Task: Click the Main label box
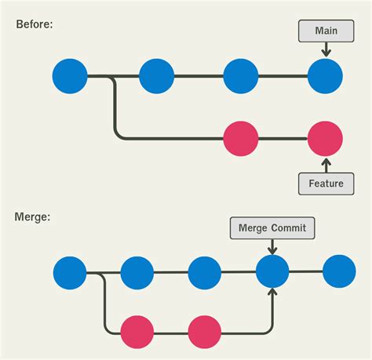pos(326,32)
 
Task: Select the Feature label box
pos(326,184)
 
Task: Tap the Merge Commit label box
pos(272,228)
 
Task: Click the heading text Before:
pos(35,24)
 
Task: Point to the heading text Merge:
pos(32,216)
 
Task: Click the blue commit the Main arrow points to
pos(325,77)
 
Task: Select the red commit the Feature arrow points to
pos(325,139)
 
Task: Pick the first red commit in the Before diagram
pos(241,139)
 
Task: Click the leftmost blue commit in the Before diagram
pos(70,77)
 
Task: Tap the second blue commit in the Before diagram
pos(156,77)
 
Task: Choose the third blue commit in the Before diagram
pos(241,77)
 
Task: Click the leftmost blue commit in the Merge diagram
pos(70,273)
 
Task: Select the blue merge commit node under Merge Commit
pos(272,273)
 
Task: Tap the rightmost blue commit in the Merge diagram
pos(339,273)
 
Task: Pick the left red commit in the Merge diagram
pos(137,330)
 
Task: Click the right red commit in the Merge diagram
pos(205,330)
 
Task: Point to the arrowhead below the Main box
pos(326,53)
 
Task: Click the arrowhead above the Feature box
pos(326,162)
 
